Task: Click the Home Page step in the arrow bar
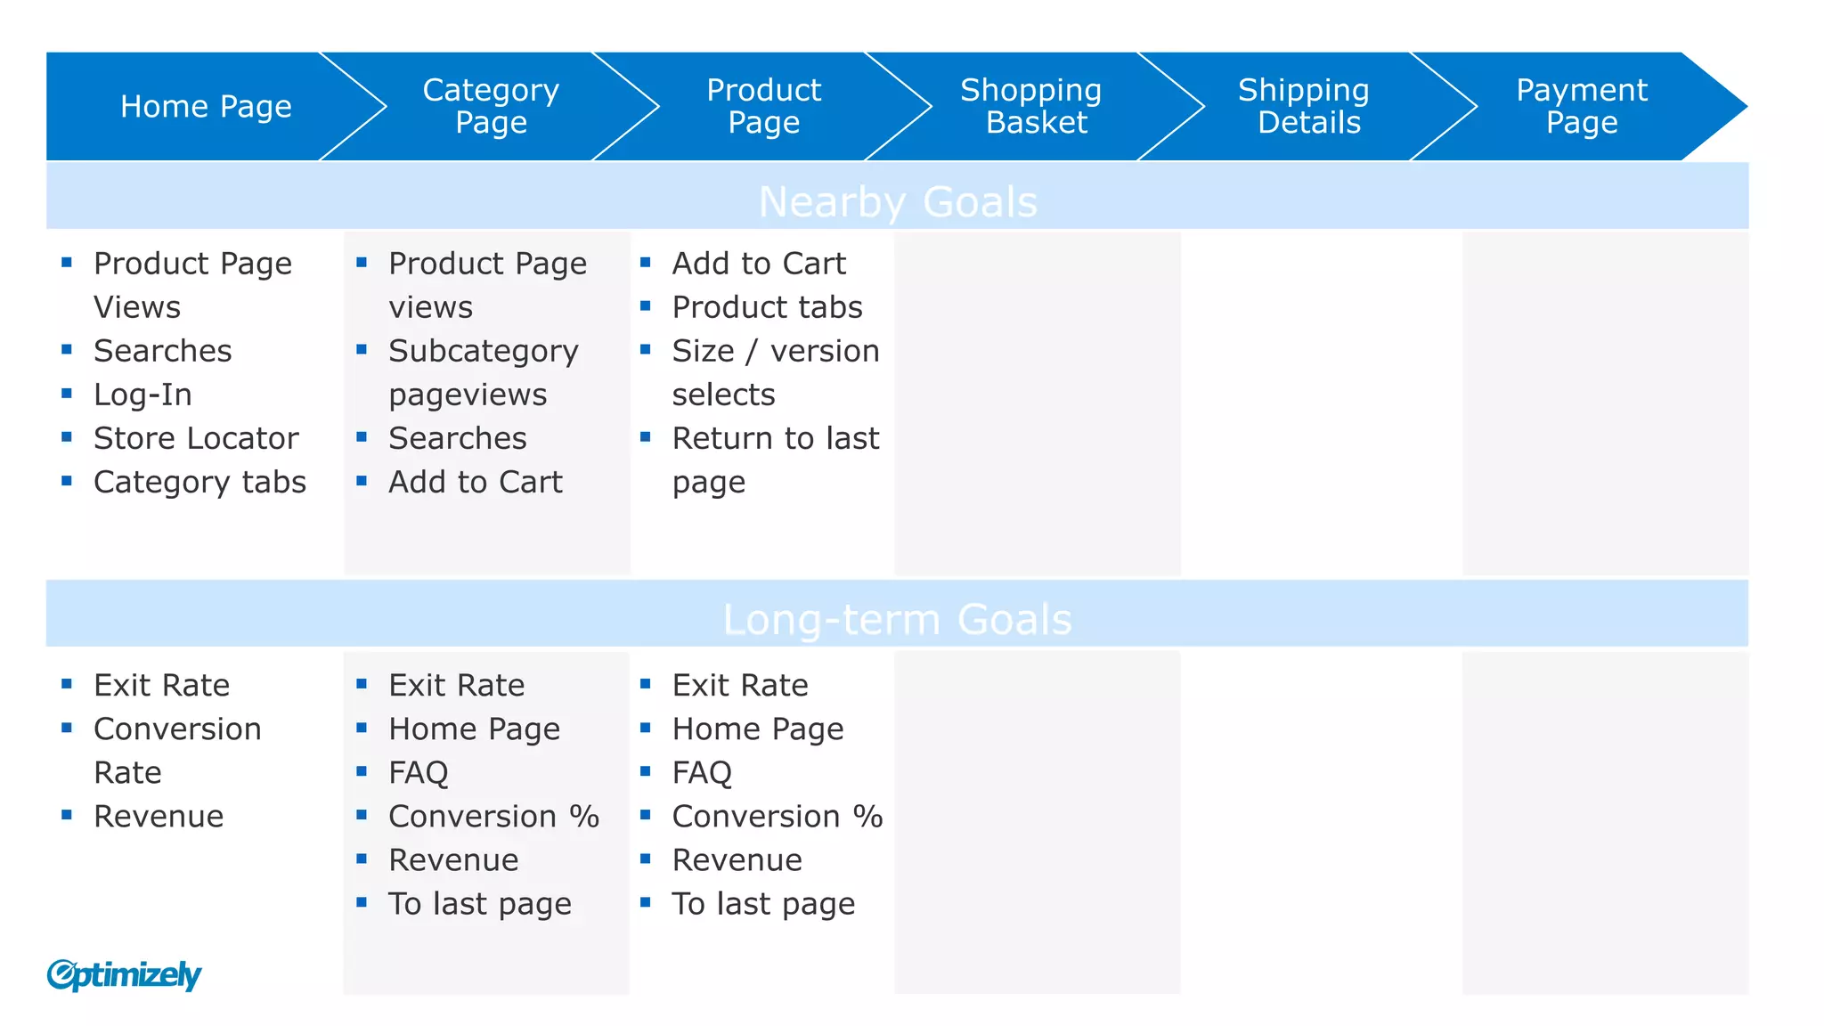click(x=206, y=107)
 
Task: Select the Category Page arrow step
click(x=491, y=106)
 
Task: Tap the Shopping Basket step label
click(x=1031, y=106)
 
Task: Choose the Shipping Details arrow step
click(x=1305, y=106)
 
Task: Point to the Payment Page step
click(x=1582, y=106)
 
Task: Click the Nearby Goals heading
click(x=898, y=201)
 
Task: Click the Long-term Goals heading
click(x=898, y=619)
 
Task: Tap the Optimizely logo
click(x=124, y=975)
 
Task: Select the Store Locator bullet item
click(x=196, y=438)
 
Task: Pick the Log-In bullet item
click(x=142, y=395)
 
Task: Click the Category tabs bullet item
click(x=199, y=482)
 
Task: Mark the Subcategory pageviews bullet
click(x=483, y=372)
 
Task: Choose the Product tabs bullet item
click(x=767, y=307)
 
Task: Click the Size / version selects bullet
click(x=775, y=372)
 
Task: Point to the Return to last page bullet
click(x=775, y=460)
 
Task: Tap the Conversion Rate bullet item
click(x=177, y=750)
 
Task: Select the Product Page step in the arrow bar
click(x=763, y=106)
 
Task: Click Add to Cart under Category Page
click(x=476, y=482)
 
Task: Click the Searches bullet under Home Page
click(x=162, y=351)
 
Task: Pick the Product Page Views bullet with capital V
click(x=192, y=285)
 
